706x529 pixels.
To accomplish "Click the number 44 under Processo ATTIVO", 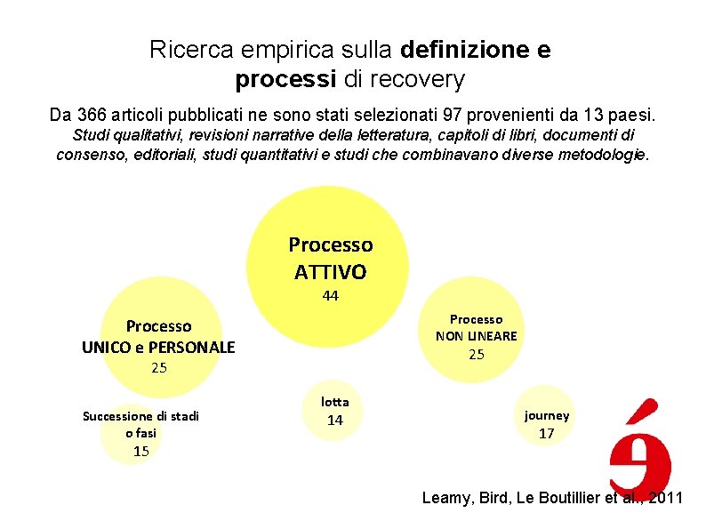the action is tap(331, 296).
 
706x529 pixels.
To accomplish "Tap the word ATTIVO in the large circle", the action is tap(331, 270).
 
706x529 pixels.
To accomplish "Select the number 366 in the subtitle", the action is tap(93, 116).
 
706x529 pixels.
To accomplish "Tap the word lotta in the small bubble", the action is tap(335, 402).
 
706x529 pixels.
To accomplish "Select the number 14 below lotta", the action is tap(335, 421).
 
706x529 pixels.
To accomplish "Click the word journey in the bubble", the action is tap(547, 415).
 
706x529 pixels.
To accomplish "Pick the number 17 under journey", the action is tap(547, 434).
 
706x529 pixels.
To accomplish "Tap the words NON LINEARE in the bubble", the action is tap(476, 335).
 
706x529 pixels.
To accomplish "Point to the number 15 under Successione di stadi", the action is tap(140, 451).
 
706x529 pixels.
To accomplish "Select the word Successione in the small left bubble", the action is tap(114, 415).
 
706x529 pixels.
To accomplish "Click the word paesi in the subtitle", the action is tap(629, 116).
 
